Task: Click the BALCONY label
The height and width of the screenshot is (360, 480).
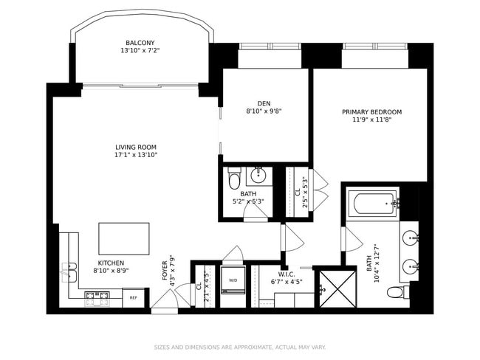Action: click(x=140, y=43)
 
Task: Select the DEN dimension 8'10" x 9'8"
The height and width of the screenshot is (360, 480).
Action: click(x=264, y=111)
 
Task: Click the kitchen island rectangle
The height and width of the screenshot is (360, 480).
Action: click(x=124, y=238)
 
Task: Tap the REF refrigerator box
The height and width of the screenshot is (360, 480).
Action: click(x=134, y=297)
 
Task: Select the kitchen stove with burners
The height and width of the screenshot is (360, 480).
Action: click(x=98, y=297)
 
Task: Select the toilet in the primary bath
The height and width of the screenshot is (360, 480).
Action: click(x=400, y=293)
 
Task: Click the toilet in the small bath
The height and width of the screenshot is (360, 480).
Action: click(x=233, y=180)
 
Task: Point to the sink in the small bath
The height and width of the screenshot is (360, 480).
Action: click(x=258, y=176)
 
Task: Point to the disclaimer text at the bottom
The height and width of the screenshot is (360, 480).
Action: click(x=239, y=347)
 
